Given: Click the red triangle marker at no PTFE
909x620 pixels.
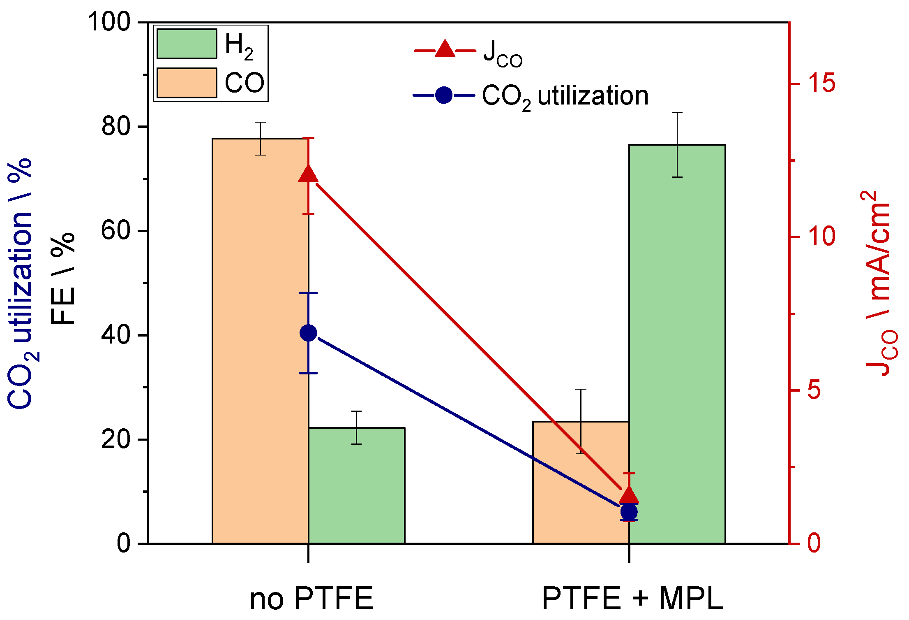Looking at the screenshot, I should tap(308, 174).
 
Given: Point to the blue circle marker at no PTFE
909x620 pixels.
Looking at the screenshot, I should tap(308, 333).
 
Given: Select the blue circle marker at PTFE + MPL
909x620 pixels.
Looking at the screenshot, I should tap(629, 512).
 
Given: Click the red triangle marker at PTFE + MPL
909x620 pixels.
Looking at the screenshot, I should tap(629, 496).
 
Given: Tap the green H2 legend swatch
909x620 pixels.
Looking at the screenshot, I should tap(187, 44).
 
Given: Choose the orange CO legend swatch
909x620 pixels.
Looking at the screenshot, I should tap(187, 83).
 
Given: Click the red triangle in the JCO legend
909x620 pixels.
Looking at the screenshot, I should tap(445, 49).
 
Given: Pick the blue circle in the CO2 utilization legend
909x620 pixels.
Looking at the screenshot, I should tap(444, 95).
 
